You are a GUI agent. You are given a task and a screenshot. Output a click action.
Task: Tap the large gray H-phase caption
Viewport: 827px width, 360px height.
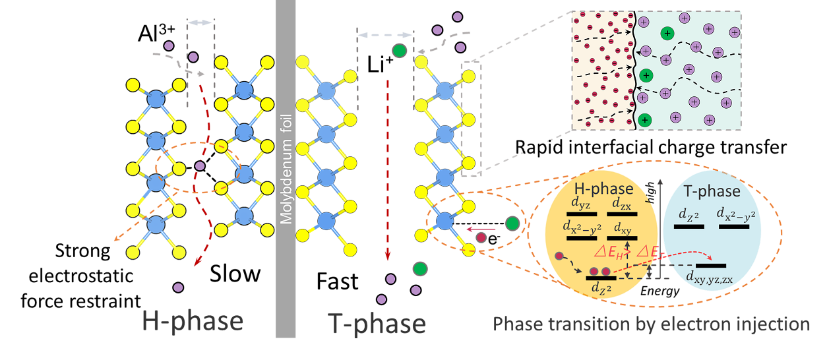(193, 321)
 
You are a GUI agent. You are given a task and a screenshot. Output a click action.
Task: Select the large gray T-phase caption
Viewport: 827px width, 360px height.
(377, 323)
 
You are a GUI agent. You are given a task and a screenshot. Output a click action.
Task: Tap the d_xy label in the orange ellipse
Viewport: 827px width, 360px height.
(623, 227)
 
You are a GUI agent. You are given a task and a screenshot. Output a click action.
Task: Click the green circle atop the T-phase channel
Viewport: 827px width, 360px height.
(399, 51)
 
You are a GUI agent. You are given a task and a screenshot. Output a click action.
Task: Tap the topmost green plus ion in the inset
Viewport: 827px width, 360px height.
(668, 33)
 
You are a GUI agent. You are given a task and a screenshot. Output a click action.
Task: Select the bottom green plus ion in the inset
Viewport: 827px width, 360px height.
(645, 119)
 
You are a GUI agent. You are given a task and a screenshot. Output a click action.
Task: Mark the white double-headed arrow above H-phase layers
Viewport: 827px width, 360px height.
(200, 23)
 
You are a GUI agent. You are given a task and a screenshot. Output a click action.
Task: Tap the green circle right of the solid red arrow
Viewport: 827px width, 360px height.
(512, 224)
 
